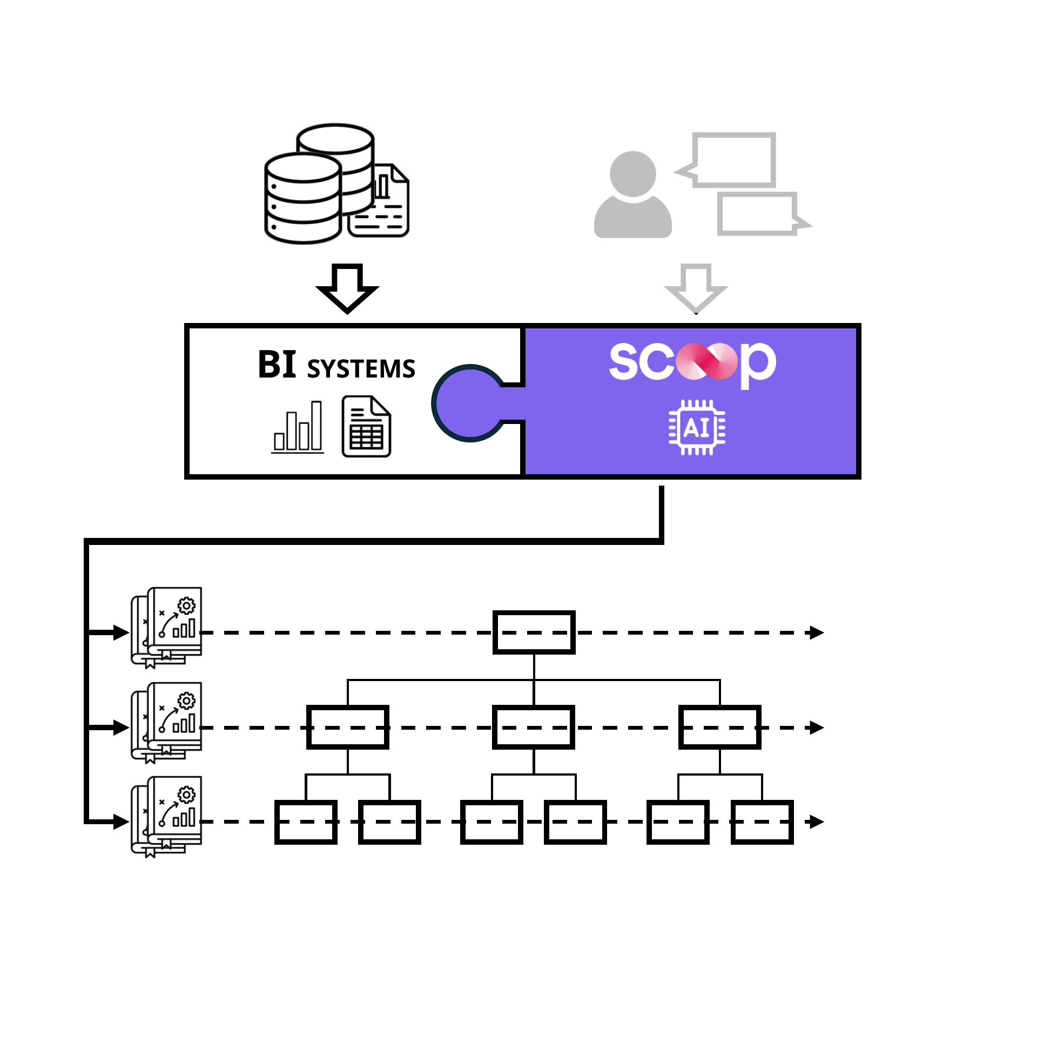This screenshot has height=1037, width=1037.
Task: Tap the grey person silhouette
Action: tap(633, 194)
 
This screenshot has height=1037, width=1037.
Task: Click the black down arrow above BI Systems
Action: tap(347, 289)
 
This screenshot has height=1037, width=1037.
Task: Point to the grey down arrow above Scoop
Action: tap(696, 289)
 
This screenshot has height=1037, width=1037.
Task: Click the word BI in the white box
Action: tap(277, 365)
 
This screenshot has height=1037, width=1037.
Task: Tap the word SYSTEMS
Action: tap(361, 369)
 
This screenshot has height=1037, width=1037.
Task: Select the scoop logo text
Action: tap(693, 363)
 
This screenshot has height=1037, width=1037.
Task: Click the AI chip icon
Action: tap(697, 428)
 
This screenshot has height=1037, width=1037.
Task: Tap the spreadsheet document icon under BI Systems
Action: tap(367, 427)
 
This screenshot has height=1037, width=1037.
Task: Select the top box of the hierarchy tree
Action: tap(534, 632)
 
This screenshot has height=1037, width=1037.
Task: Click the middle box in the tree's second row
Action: tap(534, 727)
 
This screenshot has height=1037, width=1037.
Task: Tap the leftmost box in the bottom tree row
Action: tap(306, 822)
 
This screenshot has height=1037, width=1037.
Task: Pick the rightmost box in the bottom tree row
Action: tap(762, 822)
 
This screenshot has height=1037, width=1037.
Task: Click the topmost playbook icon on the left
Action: tap(166, 628)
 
